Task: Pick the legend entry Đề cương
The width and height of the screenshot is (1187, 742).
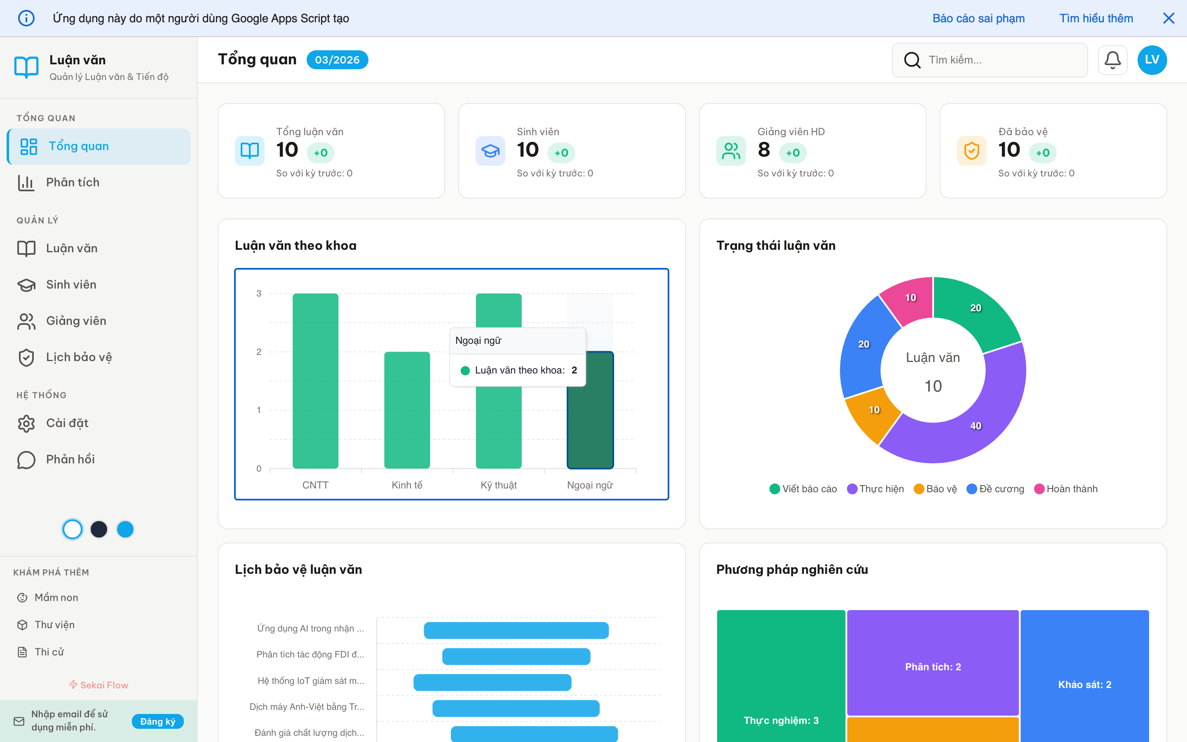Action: tap(995, 489)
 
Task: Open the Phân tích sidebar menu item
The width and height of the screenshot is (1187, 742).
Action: tap(73, 183)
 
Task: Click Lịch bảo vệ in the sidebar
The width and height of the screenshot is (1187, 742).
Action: tap(78, 357)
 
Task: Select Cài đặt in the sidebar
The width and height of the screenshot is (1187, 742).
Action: tap(67, 423)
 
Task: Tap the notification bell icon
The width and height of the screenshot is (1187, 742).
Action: tap(1112, 60)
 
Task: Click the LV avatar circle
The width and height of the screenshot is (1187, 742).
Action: tap(1152, 60)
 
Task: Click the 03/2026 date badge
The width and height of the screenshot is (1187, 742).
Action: tap(337, 60)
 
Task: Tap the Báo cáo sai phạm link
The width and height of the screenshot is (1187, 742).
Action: tap(978, 18)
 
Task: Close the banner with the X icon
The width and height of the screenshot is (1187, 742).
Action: tap(1168, 18)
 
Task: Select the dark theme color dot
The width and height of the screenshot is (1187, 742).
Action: tap(99, 529)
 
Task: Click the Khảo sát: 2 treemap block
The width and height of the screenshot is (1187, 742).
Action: tap(1084, 684)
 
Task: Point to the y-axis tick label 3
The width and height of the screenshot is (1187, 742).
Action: tap(259, 294)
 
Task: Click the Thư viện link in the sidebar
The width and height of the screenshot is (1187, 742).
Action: tap(54, 625)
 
